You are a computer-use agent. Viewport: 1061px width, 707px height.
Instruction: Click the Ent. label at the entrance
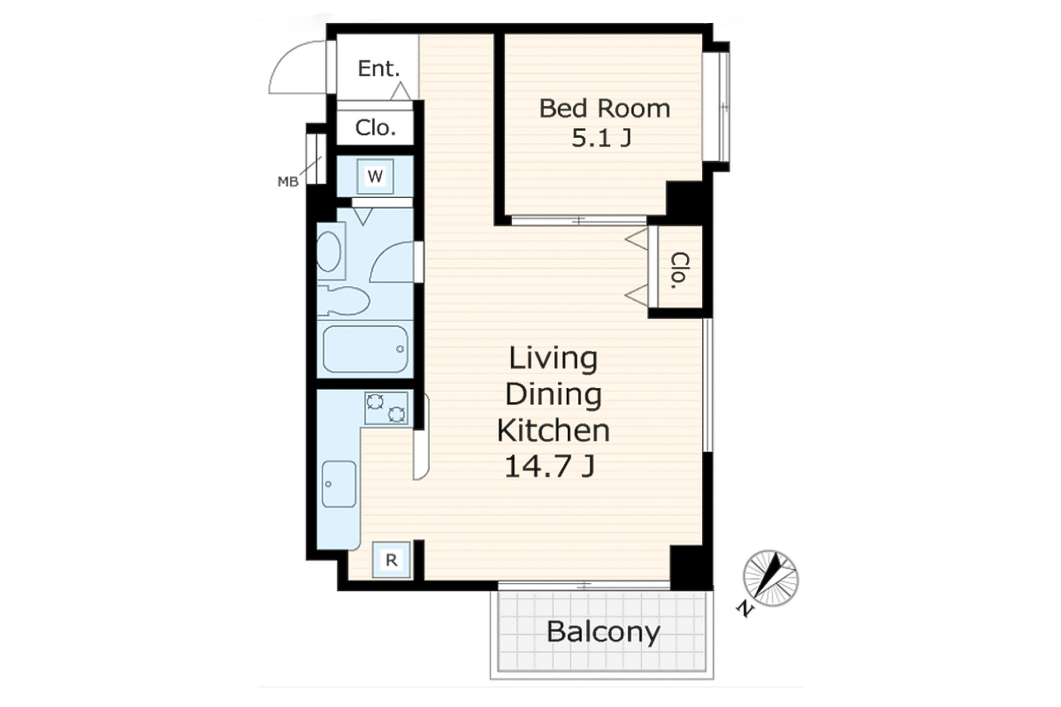[x=378, y=69]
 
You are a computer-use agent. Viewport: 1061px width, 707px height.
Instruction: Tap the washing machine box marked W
[x=375, y=177]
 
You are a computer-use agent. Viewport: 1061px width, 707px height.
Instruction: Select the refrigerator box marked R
[x=391, y=559]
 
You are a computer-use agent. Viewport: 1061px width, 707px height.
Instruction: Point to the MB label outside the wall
[x=288, y=181]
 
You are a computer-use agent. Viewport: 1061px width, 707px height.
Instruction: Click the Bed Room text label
[x=605, y=109]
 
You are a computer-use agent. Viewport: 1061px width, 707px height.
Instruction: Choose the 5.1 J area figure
[x=601, y=138]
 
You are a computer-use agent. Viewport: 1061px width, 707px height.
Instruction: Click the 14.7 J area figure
[x=550, y=467]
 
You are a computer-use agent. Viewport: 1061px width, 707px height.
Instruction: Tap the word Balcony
[x=603, y=632]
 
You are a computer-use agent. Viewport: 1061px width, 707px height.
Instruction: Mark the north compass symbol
[x=770, y=578]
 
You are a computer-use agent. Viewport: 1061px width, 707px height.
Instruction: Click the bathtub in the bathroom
[x=365, y=349]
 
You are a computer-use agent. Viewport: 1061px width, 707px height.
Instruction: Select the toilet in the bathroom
[x=343, y=300]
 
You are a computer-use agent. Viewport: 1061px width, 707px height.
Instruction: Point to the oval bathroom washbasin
[x=329, y=250]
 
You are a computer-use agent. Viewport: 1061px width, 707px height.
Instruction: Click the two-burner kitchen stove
[x=386, y=407]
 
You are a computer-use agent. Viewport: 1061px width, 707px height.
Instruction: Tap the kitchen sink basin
[x=339, y=484]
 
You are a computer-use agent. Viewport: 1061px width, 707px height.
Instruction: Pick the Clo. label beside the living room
[x=680, y=270]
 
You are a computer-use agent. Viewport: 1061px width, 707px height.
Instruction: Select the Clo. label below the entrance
[x=375, y=128]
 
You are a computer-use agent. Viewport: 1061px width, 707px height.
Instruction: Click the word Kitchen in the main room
[x=553, y=430]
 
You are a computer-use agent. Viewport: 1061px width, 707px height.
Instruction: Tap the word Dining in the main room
[x=553, y=394]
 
